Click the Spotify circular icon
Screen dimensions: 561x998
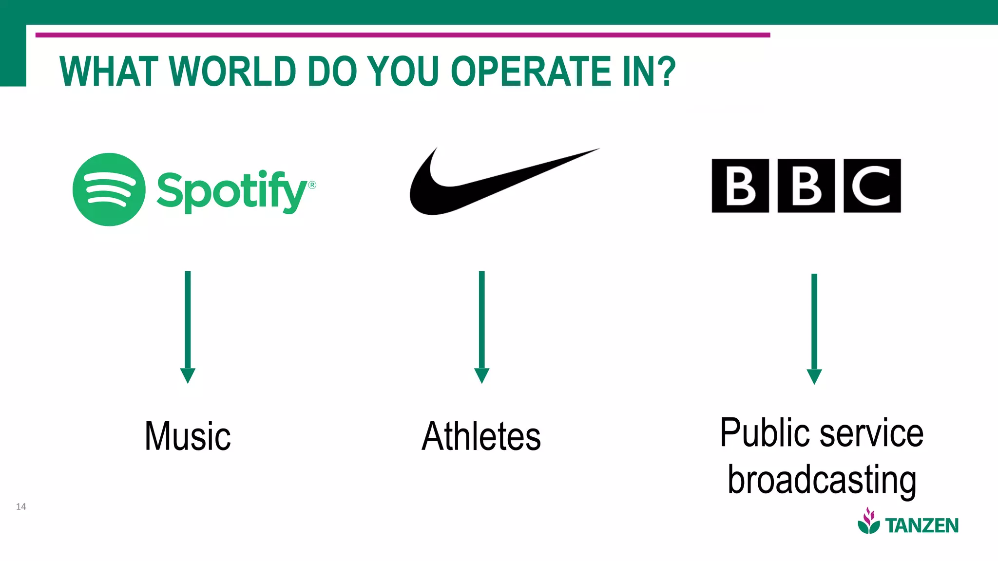(109, 189)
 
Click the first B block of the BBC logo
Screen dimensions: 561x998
(740, 186)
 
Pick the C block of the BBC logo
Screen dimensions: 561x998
(872, 186)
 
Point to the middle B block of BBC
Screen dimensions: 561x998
(806, 186)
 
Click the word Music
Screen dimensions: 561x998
(188, 436)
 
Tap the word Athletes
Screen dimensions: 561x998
(481, 436)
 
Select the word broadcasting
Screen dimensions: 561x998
(822, 480)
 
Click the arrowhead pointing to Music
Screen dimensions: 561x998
(188, 375)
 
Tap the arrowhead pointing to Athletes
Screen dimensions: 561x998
(481, 375)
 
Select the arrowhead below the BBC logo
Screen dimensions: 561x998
(814, 376)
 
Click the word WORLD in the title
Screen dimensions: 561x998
(233, 72)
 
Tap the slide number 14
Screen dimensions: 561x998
(21, 506)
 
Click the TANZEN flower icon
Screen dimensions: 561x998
(868, 521)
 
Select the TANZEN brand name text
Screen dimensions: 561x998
(921, 526)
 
